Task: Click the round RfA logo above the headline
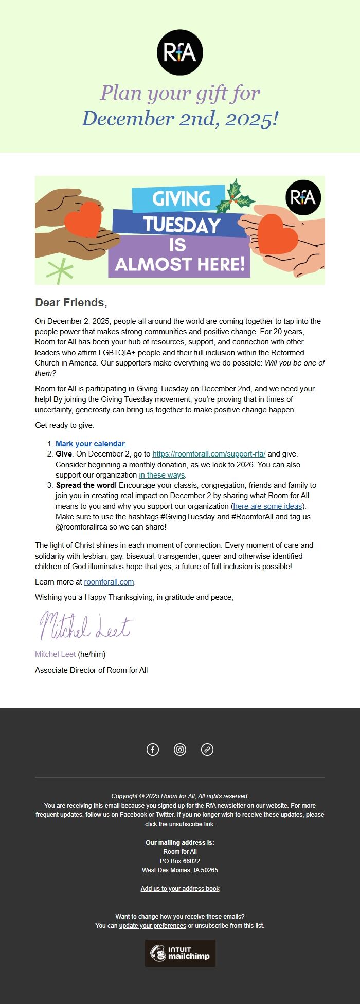point(180,52)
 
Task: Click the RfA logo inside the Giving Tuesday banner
point(303,197)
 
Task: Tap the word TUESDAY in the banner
point(182,225)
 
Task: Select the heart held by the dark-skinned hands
point(83,220)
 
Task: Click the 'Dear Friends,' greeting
point(71,302)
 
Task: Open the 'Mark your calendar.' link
point(91,444)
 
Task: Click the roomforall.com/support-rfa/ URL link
point(209,454)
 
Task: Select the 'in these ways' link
point(162,475)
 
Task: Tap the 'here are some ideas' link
point(267,506)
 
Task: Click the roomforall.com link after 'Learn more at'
point(109,582)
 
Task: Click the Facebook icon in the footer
point(153,750)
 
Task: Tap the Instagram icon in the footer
point(180,750)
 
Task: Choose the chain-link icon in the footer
point(207,750)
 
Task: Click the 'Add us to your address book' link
point(180,889)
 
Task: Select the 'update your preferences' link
point(153,926)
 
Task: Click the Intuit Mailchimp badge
point(180,953)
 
